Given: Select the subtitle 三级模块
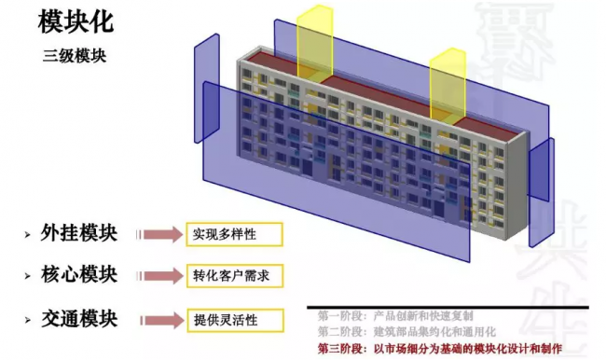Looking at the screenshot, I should coord(75,55).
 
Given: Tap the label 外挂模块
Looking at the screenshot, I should coord(79,233).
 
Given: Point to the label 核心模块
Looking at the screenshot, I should coord(79,275).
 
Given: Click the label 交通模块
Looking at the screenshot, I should coord(79,319).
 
